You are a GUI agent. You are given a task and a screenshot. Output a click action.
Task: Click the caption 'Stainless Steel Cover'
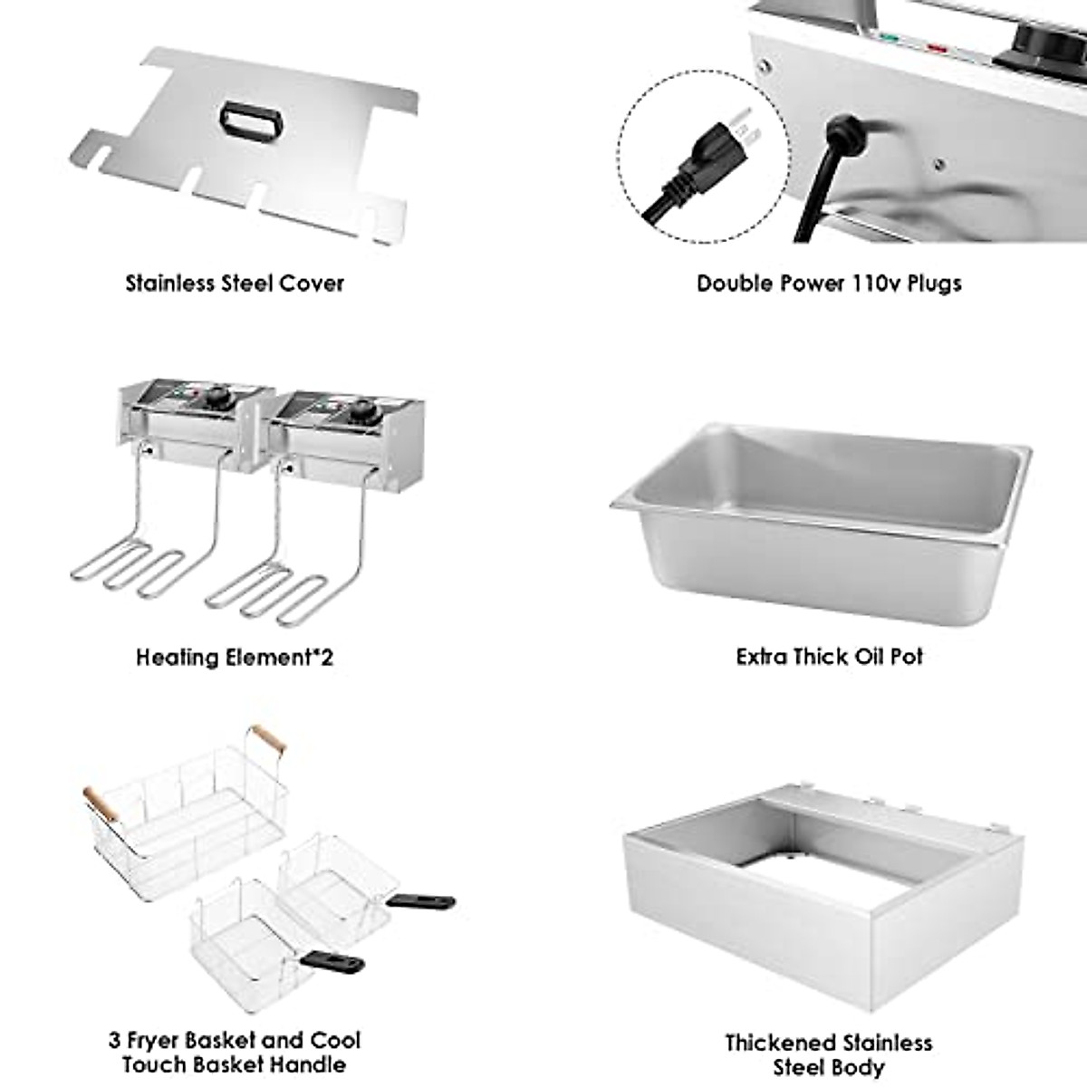click(235, 283)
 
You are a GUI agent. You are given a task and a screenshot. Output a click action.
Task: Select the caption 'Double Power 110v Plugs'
click(829, 283)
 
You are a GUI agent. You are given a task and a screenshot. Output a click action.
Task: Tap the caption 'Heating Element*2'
click(235, 657)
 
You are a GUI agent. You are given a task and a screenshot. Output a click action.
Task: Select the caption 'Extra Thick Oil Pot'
click(829, 657)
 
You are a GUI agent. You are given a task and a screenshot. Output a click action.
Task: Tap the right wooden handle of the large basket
click(268, 739)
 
